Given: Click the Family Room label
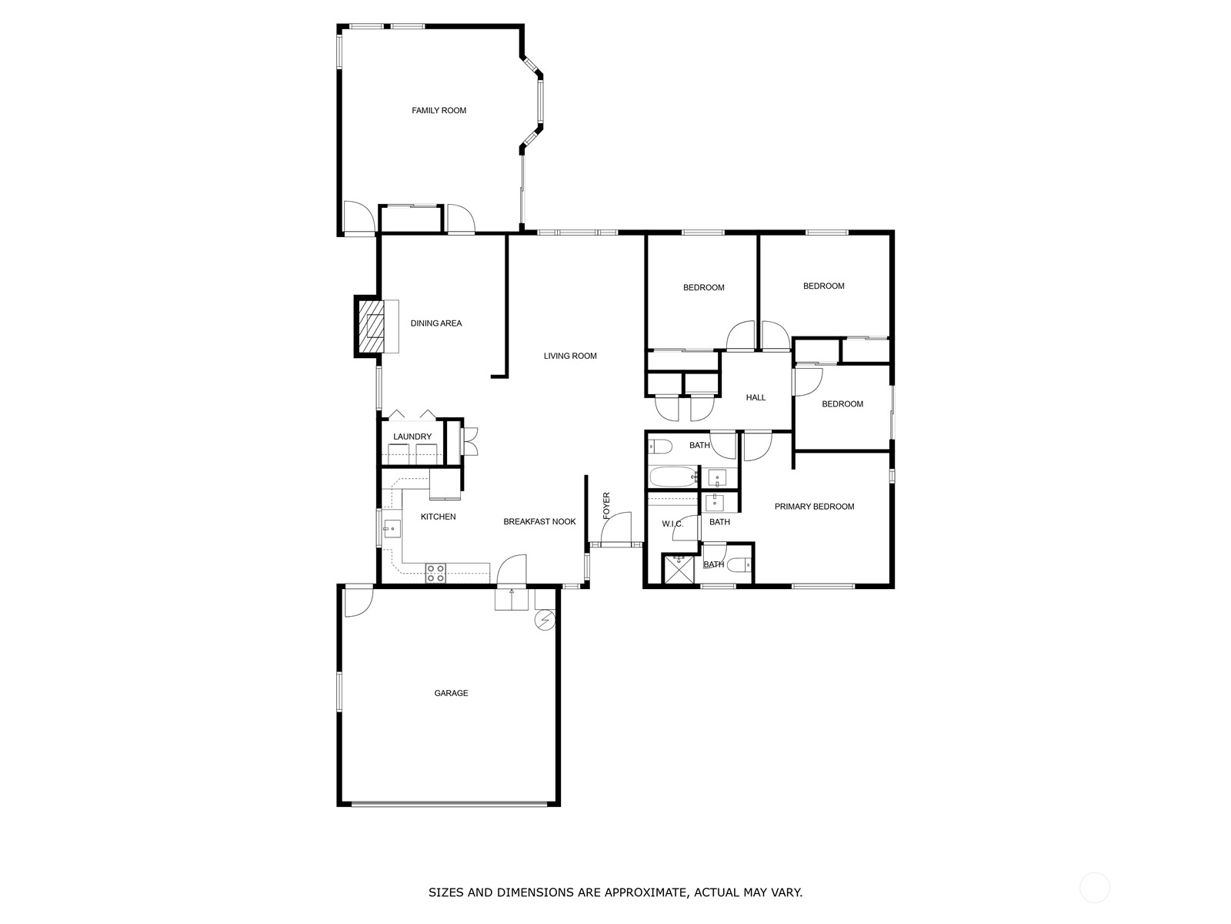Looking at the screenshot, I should (439, 111).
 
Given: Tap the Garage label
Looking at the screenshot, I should (451, 694).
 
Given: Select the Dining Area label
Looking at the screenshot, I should (436, 323).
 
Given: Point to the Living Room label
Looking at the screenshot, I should (570, 357).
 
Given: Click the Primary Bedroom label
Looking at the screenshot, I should (814, 507).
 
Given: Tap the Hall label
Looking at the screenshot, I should (756, 398).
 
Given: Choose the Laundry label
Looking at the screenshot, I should (412, 437).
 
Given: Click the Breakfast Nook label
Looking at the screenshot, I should (539, 522).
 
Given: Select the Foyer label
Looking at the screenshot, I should (606, 505).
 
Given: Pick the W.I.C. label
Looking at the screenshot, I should (672, 524).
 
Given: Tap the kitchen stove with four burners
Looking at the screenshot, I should (435, 572).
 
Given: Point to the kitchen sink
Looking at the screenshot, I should (392, 529).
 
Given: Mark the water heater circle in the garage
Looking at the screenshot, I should (545, 621).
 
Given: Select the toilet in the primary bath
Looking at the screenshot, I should (738, 567).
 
